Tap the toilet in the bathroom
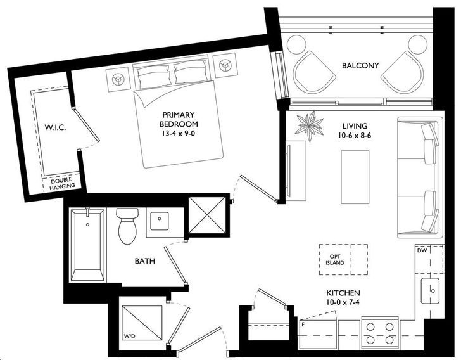[127, 226]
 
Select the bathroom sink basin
[159, 221]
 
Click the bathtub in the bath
[87, 244]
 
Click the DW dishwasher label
[422, 250]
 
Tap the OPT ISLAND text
[335, 260]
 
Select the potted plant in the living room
[310, 126]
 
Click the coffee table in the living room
[355, 177]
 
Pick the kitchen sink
[430, 291]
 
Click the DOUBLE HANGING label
[62, 183]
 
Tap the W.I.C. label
[55, 127]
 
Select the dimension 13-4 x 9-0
[178, 133]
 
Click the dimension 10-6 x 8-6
[355, 136]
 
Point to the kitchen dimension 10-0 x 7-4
[343, 302]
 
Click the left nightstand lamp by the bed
[118, 79]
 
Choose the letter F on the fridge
[302, 325]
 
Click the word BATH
[144, 261]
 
